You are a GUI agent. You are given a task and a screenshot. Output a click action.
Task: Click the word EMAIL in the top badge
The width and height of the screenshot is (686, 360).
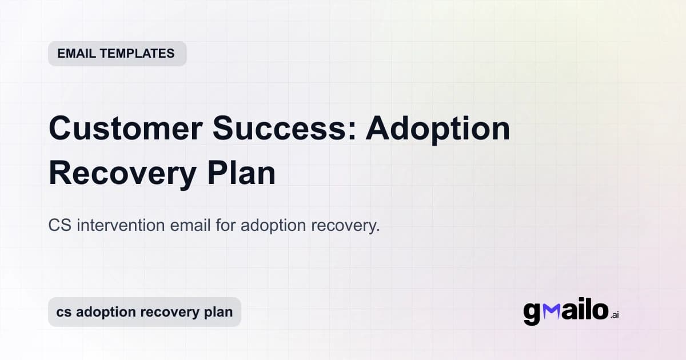77,54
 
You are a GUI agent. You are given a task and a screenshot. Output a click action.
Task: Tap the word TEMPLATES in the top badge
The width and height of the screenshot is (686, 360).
137,54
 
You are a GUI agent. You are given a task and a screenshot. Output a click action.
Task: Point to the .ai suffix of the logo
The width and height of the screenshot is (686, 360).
615,315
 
